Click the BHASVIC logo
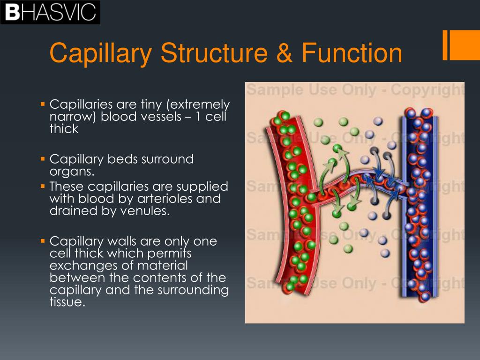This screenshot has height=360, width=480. tap(50, 12)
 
